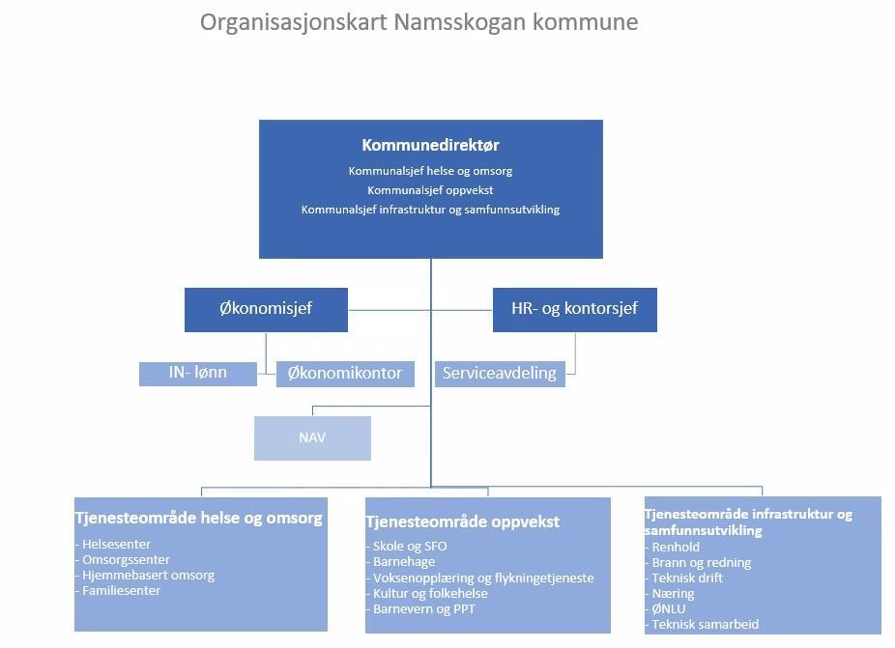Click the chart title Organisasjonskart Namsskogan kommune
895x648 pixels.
419,23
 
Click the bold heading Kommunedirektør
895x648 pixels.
430,145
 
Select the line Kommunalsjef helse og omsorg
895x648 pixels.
430,171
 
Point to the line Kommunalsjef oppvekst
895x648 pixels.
430,190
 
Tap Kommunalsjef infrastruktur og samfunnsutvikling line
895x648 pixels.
430,210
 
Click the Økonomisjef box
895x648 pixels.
266,310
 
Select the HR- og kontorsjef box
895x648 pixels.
575,310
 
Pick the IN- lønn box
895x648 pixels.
198,374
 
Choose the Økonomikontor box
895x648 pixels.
345,374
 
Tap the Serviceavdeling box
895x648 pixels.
500,374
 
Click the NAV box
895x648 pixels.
312,438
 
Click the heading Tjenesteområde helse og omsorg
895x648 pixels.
199,518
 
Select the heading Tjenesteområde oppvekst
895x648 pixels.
462,521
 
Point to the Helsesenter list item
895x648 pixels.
113,544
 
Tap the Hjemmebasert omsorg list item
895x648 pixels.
145,575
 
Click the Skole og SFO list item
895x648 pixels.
406,546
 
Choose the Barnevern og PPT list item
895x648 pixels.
420,608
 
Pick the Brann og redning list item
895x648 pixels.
698,562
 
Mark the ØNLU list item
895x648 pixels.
666,608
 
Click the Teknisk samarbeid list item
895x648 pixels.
702,624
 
